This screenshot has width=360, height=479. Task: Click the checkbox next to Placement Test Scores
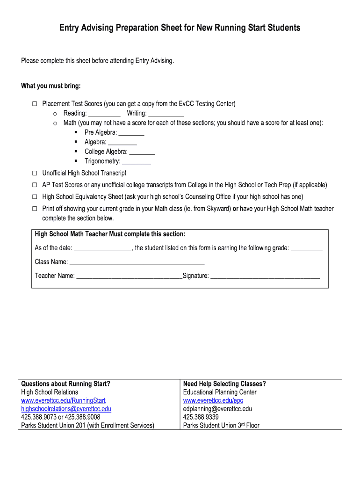click(x=35, y=104)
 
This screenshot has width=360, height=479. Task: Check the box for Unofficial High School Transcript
click(x=35, y=173)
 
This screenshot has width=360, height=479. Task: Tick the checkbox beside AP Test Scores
click(x=35, y=185)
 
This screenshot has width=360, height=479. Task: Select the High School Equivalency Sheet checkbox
click(x=35, y=196)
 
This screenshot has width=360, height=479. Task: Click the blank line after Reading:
click(x=104, y=114)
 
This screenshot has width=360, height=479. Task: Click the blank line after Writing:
click(x=166, y=114)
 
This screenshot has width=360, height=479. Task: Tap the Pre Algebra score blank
click(x=131, y=133)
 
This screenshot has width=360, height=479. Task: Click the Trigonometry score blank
click(x=137, y=162)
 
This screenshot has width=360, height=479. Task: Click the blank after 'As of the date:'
click(x=103, y=249)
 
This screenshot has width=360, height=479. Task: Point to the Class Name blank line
click(x=137, y=262)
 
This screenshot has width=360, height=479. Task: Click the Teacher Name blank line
click(x=129, y=276)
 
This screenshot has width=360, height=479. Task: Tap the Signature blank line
click(x=265, y=276)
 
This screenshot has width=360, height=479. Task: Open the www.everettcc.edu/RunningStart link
click(x=64, y=401)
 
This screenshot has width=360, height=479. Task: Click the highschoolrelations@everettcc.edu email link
click(x=66, y=409)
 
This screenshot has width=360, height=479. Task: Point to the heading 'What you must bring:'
click(x=51, y=86)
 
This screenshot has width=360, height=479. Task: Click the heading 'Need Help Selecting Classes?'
click(x=224, y=384)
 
